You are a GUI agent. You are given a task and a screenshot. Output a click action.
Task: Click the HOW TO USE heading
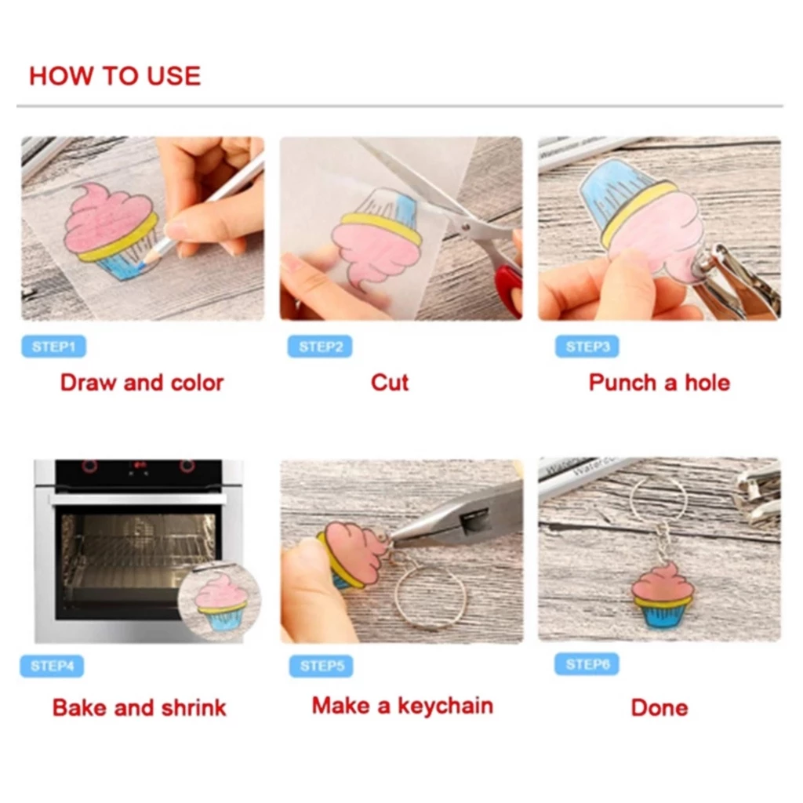pyautogui.click(x=114, y=76)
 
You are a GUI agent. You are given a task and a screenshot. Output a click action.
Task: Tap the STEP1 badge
pyautogui.click(x=54, y=347)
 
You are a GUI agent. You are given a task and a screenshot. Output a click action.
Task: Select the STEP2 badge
pyautogui.click(x=320, y=347)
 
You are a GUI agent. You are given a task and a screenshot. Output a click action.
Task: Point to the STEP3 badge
pyautogui.click(x=587, y=347)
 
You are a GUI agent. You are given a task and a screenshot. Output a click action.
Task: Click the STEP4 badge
pyautogui.click(x=52, y=666)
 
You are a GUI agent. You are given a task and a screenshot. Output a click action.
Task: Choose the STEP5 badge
pyautogui.click(x=321, y=666)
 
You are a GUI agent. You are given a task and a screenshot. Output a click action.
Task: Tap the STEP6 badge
pyautogui.click(x=587, y=664)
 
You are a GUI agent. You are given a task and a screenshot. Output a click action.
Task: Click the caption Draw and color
pyautogui.click(x=142, y=383)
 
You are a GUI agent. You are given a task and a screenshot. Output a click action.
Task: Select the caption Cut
pyautogui.click(x=390, y=383)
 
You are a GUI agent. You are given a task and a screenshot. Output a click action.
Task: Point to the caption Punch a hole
pyautogui.click(x=659, y=383)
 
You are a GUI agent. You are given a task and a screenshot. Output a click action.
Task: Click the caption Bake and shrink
pyautogui.click(x=140, y=707)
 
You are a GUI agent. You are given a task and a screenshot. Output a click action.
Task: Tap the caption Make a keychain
pyautogui.click(x=402, y=706)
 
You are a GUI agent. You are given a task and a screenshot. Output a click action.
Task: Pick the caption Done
pyautogui.click(x=659, y=707)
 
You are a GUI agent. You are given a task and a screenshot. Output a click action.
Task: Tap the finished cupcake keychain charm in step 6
pyautogui.click(x=662, y=595)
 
